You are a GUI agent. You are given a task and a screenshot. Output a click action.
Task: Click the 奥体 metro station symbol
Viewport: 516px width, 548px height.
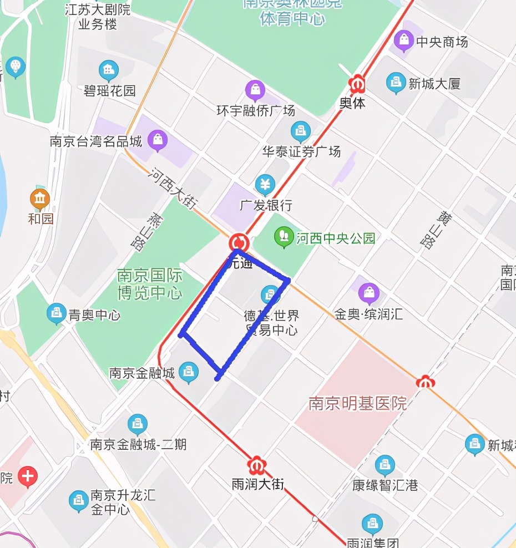tap(357, 84)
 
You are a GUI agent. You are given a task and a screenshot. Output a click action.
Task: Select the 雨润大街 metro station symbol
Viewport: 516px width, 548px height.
tap(256, 464)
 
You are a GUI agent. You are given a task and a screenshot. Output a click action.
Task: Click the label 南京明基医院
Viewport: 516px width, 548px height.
tap(358, 403)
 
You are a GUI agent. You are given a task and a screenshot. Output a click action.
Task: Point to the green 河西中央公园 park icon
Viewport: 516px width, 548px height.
tap(284, 237)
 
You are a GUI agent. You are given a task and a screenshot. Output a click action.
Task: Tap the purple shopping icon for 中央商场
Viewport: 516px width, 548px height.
tap(404, 40)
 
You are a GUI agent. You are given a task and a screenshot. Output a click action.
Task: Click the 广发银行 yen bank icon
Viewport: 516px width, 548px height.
tap(265, 184)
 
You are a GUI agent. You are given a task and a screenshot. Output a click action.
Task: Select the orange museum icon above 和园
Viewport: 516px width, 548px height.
tap(40, 198)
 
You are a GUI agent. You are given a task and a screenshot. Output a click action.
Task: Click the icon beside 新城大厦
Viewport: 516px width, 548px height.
tap(396, 83)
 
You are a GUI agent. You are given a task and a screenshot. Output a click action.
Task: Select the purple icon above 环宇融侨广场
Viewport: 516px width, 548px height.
tap(255, 89)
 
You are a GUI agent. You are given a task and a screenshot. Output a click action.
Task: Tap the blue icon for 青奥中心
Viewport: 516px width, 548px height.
tap(56, 313)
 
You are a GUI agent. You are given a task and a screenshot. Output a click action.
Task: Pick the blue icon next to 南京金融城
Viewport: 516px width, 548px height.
tap(189, 372)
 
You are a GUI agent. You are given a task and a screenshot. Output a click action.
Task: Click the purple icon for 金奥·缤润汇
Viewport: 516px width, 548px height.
tap(368, 292)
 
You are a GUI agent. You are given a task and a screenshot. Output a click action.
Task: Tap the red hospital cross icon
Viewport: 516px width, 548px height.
tap(28, 476)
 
